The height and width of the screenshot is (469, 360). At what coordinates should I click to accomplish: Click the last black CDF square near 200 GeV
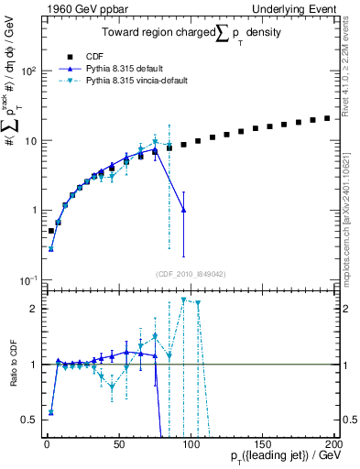(x=327, y=118)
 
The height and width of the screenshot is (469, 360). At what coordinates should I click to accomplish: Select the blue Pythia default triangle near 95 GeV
(x=184, y=210)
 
